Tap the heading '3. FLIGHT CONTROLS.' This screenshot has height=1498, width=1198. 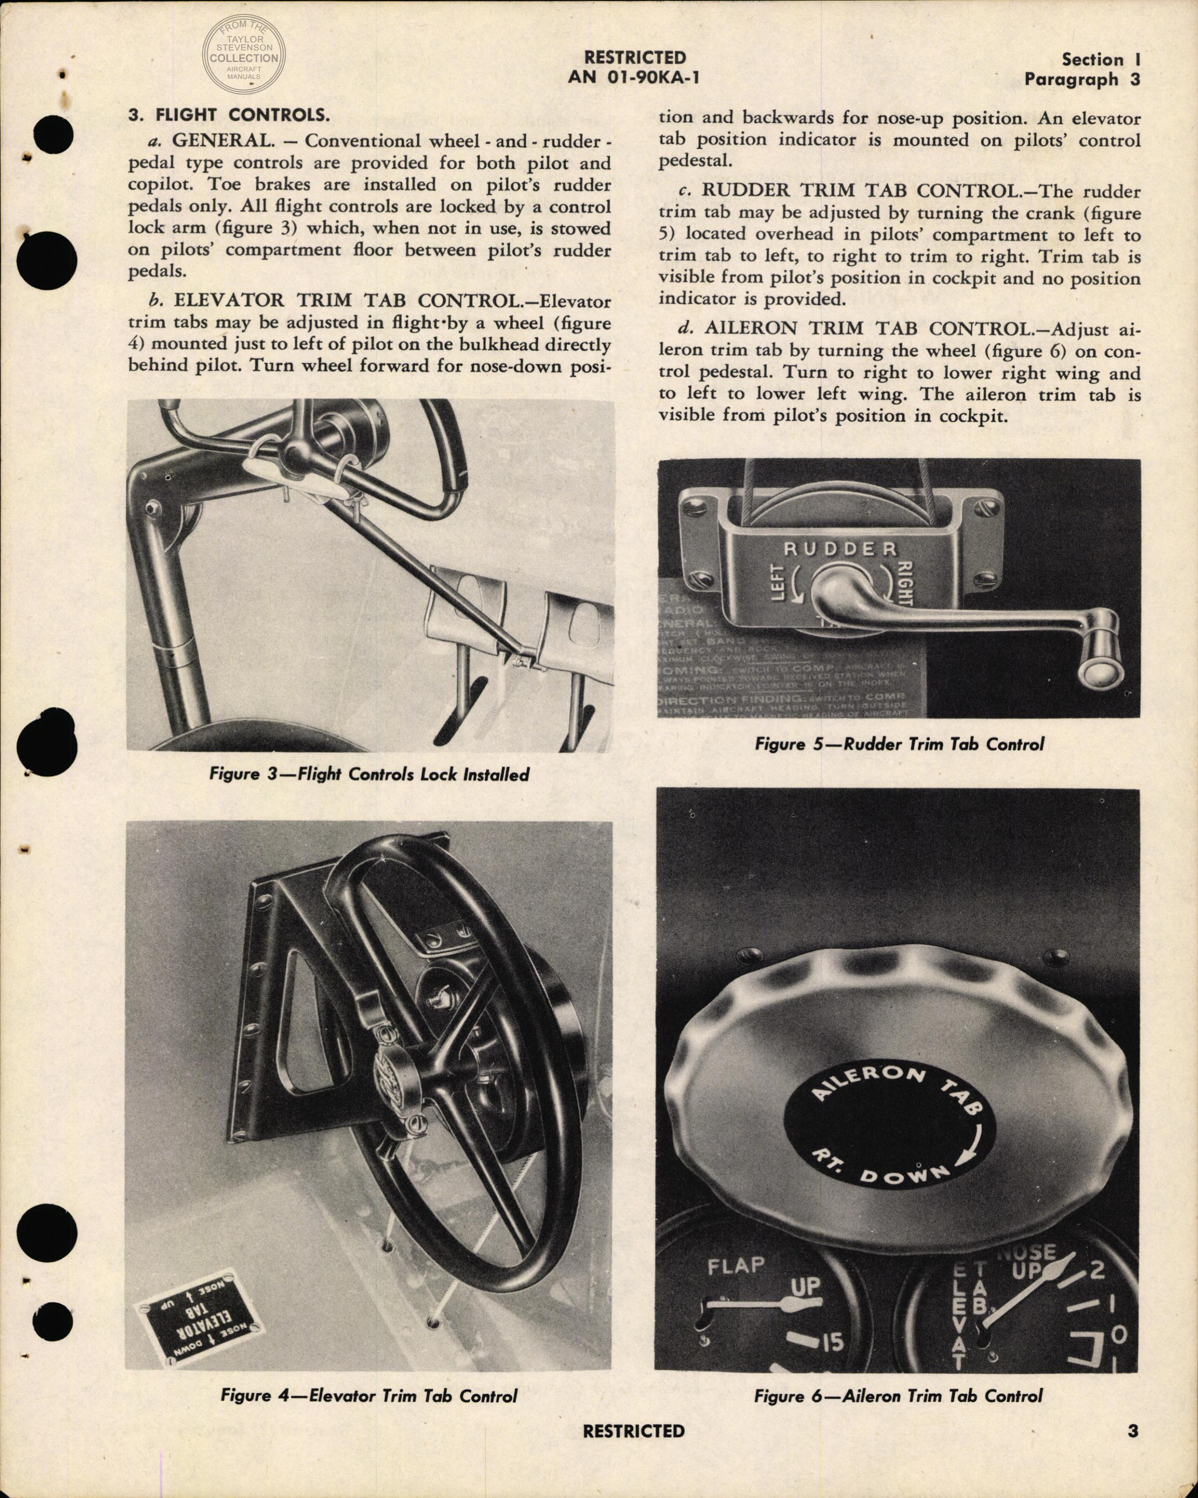(x=229, y=115)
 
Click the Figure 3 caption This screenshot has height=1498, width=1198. (x=369, y=774)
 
